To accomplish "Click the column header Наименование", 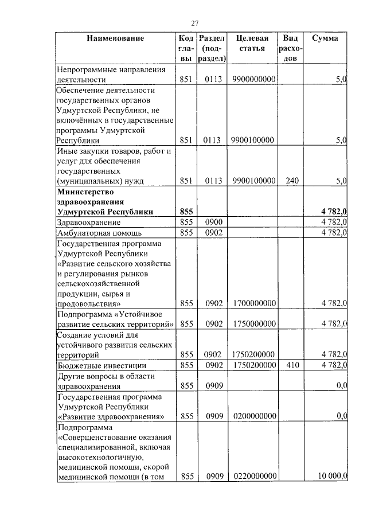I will (x=115, y=38).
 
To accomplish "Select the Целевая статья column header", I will (x=253, y=44).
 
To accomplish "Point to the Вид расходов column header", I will (x=291, y=48).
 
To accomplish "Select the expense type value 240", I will (x=292, y=181).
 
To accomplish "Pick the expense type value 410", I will (x=292, y=365).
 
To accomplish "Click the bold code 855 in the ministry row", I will (x=186, y=212).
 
